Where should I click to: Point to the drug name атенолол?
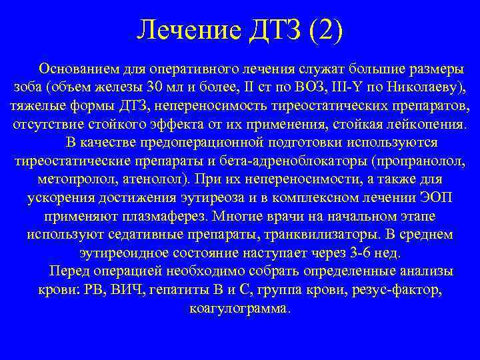pyautogui.click(x=152, y=180)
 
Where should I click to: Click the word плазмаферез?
pyautogui.click(x=171, y=217)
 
